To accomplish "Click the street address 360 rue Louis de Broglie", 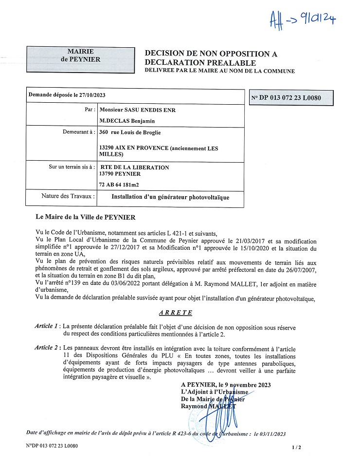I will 129,132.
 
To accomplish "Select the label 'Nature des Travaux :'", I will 69,197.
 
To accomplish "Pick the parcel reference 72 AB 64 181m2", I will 119,184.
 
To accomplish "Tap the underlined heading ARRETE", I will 175,312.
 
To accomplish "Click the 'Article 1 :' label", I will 48,325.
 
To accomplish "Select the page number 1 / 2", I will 297,447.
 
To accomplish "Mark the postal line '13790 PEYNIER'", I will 119,174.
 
